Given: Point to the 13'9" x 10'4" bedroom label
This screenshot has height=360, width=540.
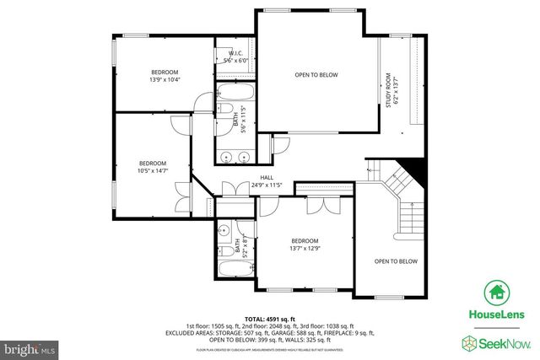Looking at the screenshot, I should tap(165, 76).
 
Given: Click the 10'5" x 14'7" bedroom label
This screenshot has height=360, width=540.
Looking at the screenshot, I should tap(153, 166).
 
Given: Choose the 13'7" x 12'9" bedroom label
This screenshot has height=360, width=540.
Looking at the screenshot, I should tap(305, 244).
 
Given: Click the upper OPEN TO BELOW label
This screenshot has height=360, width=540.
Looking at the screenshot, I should tap(316, 75).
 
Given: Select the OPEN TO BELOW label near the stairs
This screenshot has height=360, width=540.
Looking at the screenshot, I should tap(396, 261).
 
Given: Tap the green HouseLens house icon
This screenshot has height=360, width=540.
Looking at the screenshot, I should tap(494, 293).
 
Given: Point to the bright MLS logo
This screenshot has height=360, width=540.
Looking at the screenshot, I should tap(30, 347).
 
